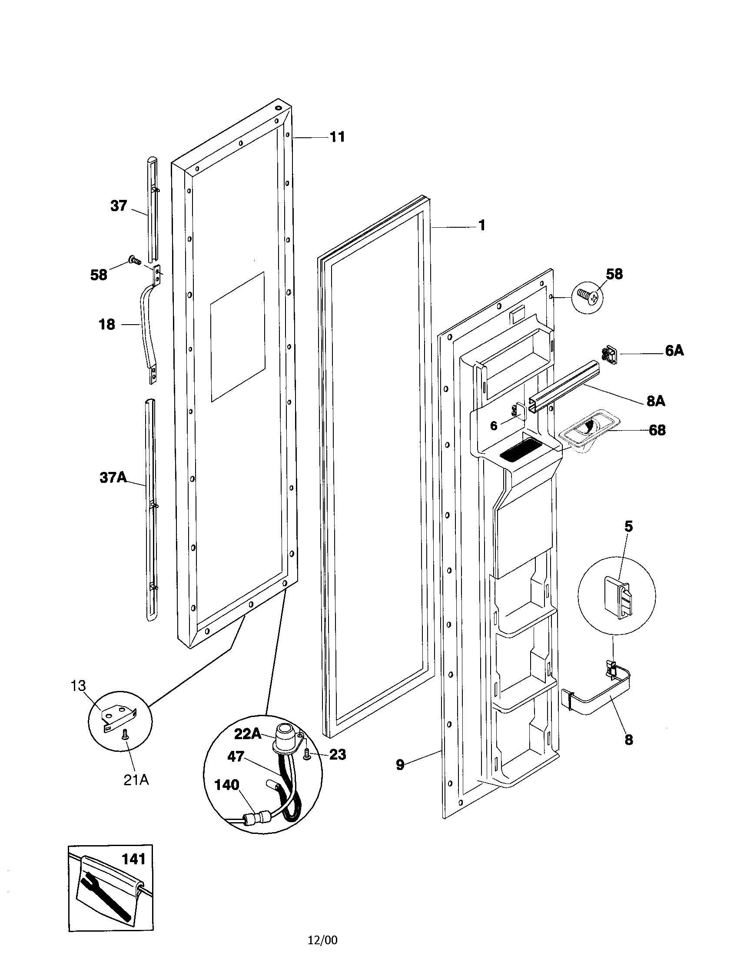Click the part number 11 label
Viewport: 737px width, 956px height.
point(337,137)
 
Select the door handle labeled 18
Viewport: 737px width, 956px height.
point(146,325)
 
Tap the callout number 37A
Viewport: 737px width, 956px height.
point(113,477)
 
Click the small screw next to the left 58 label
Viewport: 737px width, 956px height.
point(134,261)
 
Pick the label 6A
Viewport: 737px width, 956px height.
point(674,351)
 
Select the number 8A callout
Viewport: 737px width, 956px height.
point(656,401)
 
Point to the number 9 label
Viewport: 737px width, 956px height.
point(400,765)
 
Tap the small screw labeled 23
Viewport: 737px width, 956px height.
point(307,757)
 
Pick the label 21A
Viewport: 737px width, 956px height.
point(136,780)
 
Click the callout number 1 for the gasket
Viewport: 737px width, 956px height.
point(481,226)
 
